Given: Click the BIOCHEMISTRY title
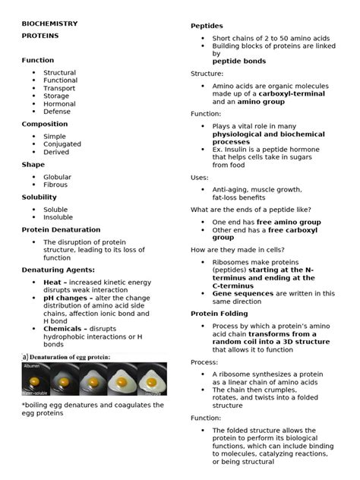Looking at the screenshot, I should point(49,24).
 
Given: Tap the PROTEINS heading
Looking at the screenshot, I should point(40,36).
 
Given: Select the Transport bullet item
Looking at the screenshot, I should point(60,88).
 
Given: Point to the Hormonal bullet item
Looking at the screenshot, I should point(60,104).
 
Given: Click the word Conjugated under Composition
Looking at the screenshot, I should point(62,144).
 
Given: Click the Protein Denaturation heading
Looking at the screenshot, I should point(61,229).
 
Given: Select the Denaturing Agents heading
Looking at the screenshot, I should point(58,270).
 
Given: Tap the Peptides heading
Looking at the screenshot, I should point(207,26).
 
